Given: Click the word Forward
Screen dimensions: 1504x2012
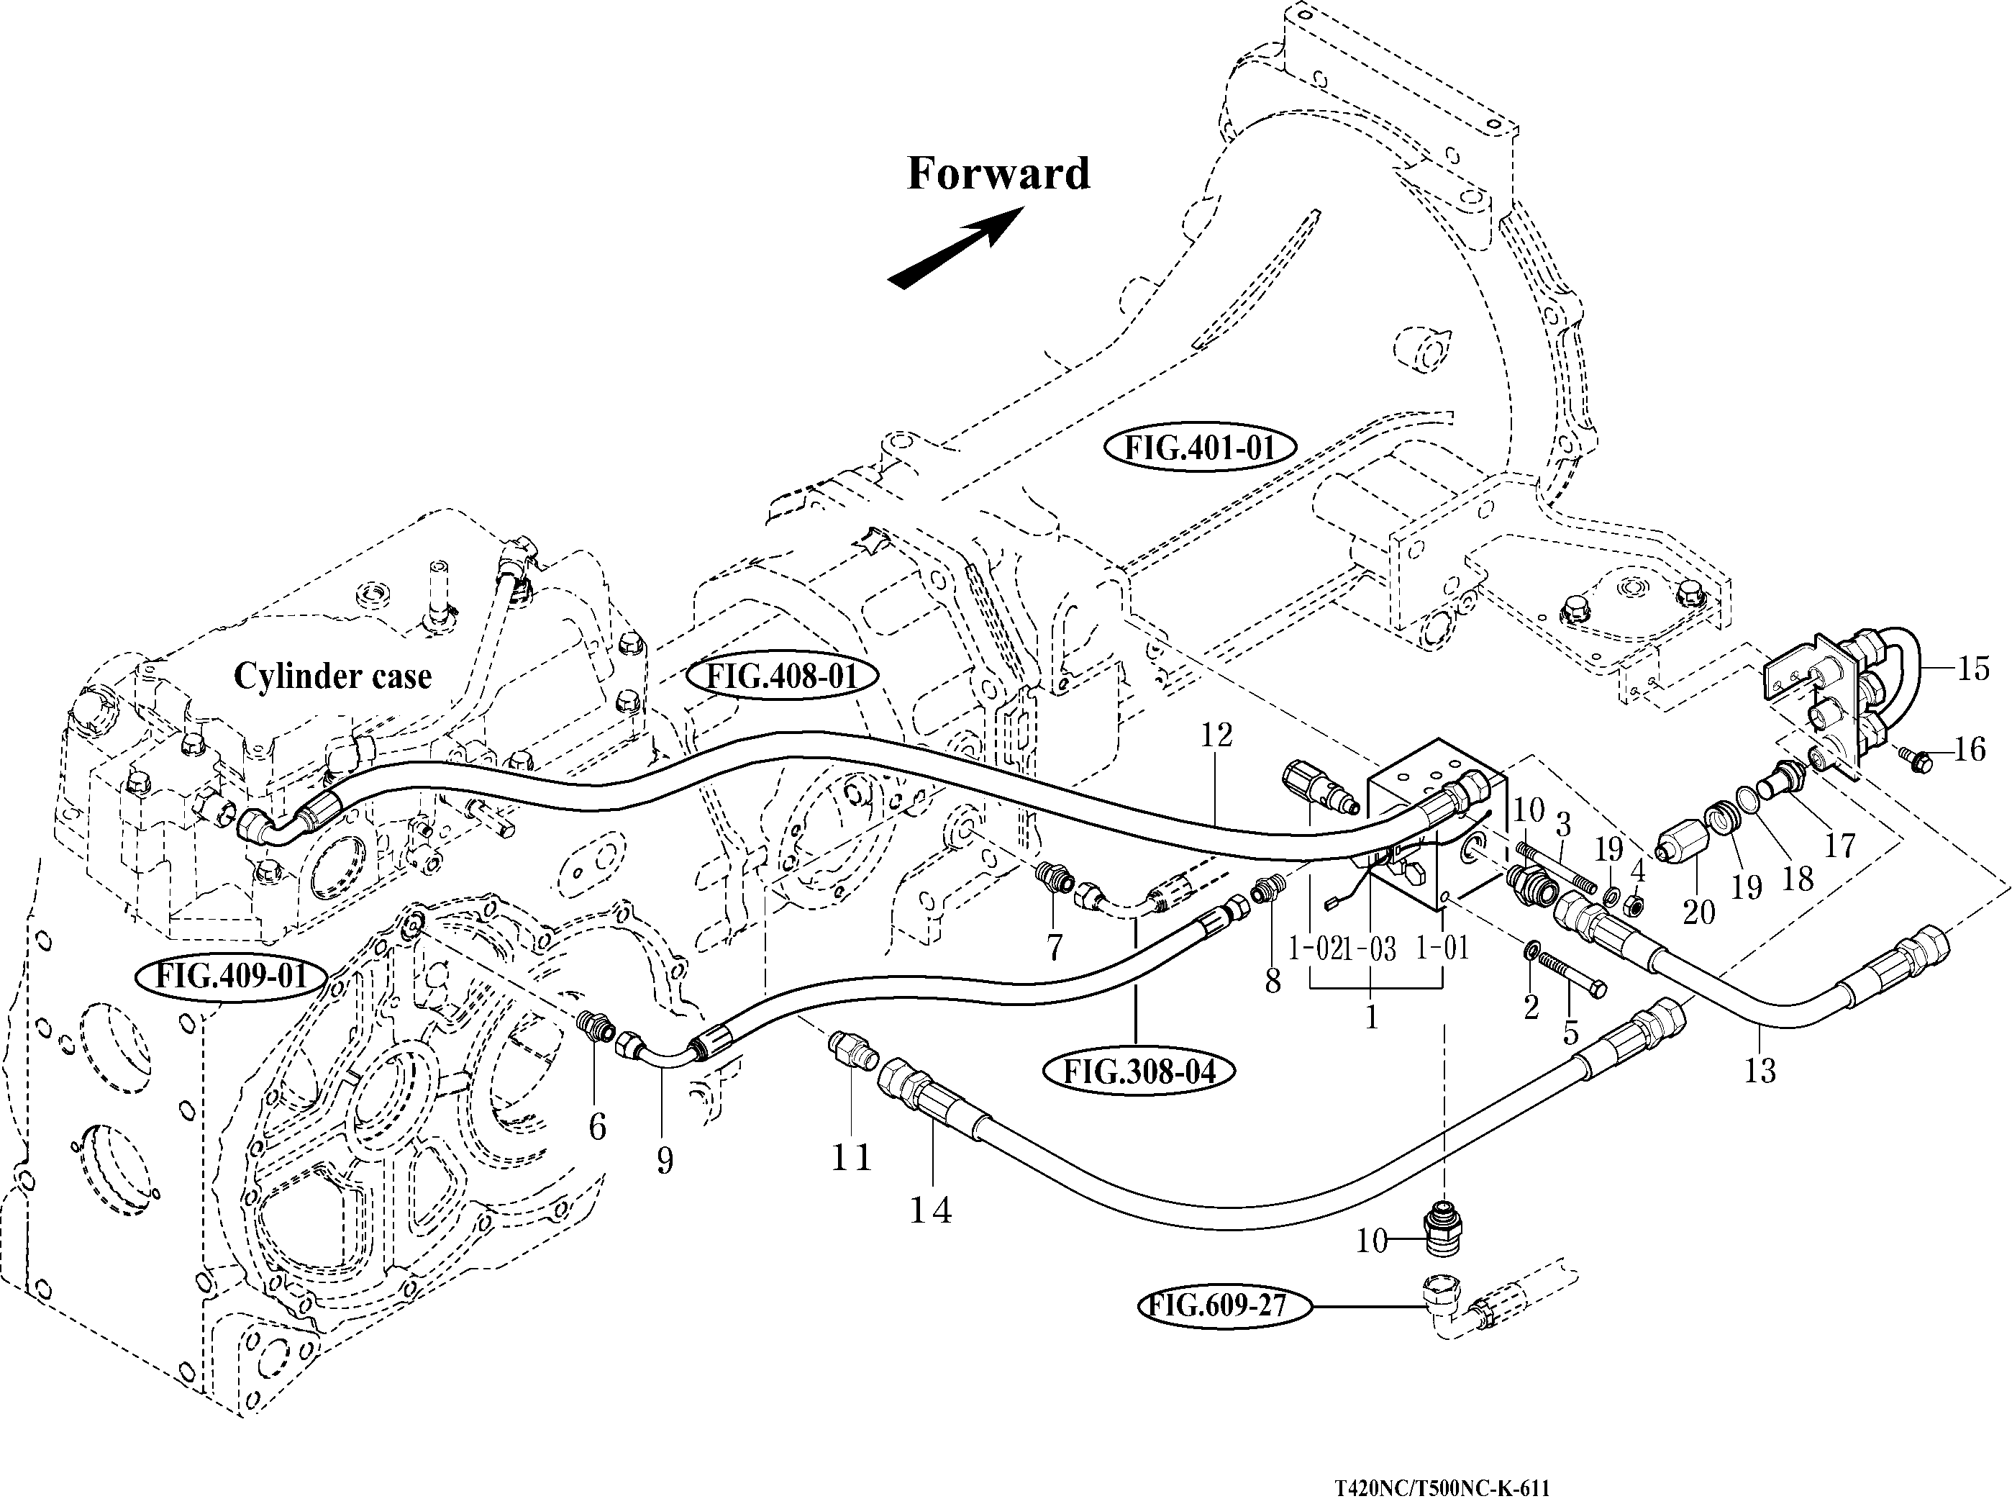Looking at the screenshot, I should pyautogui.click(x=998, y=173).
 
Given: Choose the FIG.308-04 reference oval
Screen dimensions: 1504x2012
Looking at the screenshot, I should pyautogui.click(x=1139, y=1072).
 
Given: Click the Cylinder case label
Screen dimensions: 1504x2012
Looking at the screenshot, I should pyautogui.click(x=333, y=676).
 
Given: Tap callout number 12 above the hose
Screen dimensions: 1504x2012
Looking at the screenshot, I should pyautogui.click(x=1216, y=735).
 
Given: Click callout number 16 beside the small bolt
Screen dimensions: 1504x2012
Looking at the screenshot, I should pyautogui.click(x=1970, y=751).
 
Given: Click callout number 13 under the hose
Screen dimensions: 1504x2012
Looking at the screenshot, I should pyautogui.click(x=1760, y=1071).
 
